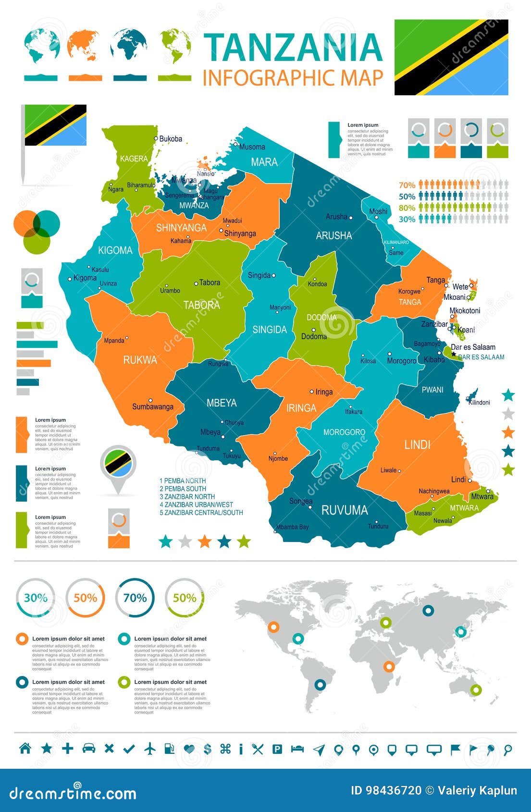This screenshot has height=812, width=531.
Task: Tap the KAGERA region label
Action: [x=134, y=159]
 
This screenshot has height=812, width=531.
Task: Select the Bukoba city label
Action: [x=171, y=139]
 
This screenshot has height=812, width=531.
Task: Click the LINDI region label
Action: [x=417, y=444]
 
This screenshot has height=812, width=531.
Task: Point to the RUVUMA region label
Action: [x=344, y=510]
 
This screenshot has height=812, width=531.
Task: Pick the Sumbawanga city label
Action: [x=152, y=406]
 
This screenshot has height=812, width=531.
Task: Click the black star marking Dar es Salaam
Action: [x=454, y=354]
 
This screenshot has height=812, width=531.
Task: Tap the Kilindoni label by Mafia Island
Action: [x=479, y=402]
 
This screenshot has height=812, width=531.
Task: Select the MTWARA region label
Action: [x=464, y=508]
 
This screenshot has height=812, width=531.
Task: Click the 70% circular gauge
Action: [x=135, y=598]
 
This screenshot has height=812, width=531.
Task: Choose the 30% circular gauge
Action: [x=36, y=598]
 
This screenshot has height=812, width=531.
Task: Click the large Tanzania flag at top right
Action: [x=451, y=57]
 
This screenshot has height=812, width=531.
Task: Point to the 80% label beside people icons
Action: [x=407, y=208]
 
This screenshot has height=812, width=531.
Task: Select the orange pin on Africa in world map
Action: [x=389, y=666]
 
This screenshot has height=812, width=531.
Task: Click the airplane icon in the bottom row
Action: [x=150, y=749]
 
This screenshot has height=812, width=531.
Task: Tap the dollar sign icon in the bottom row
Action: [x=208, y=749]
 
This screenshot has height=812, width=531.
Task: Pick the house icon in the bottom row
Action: [x=25, y=748]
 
